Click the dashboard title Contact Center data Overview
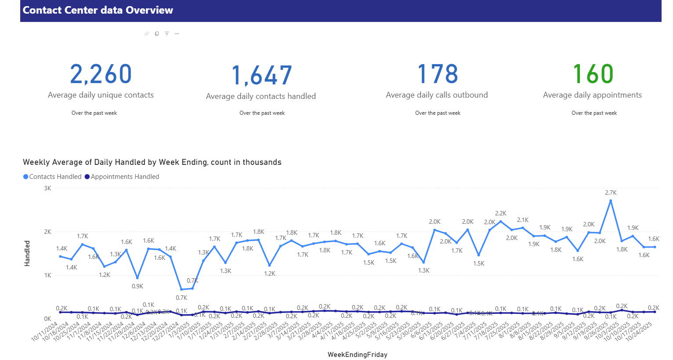tap(98, 10)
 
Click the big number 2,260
tap(101, 74)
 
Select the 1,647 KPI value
tap(261, 75)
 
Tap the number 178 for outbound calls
tap(437, 74)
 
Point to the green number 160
tap(593, 74)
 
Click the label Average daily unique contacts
tap(101, 95)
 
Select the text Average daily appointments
tap(592, 95)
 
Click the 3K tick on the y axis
tap(47, 188)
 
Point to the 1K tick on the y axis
tap(47, 275)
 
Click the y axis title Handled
tap(27, 253)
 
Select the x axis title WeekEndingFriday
tap(357, 354)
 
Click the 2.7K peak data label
tap(611, 193)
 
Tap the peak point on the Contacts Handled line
tap(611, 201)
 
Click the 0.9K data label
tap(137, 286)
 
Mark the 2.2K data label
tap(501, 213)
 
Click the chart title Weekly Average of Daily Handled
tap(152, 162)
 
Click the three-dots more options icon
tap(177, 33)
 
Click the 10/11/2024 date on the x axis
tap(45, 332)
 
